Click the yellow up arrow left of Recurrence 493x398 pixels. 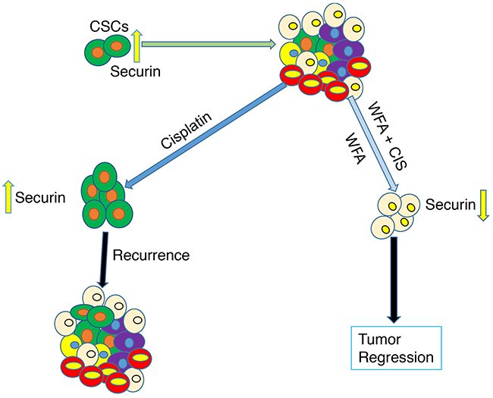tap(10, 199)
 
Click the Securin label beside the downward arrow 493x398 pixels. tap(449, 205)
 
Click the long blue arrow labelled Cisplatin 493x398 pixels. tap(205, 132)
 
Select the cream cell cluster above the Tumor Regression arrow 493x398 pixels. tap(396, 215)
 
